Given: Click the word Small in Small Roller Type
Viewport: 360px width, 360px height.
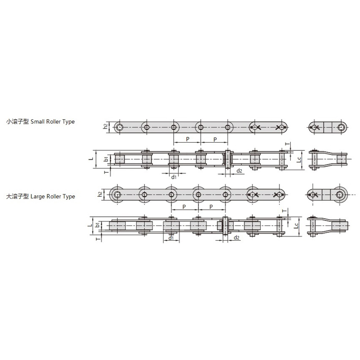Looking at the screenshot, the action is [37, 121].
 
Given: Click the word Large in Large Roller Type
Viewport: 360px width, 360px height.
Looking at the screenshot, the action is [38, 197].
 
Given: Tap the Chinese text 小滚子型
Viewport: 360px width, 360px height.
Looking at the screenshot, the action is [18, 121].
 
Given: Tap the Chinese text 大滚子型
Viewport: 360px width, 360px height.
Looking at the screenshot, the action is [18, 197].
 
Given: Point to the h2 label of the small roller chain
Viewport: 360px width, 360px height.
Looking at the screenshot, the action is [105, 126].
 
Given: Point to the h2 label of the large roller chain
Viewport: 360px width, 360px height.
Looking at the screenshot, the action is [100, 194].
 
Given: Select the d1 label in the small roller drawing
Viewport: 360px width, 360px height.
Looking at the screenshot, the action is [174, 177].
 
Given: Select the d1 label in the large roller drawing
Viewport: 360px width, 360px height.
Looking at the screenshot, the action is [171, 238].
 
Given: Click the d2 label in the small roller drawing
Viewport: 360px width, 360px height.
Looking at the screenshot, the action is [239, 171].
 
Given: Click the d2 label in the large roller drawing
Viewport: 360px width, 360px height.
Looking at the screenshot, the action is [237, 238].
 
